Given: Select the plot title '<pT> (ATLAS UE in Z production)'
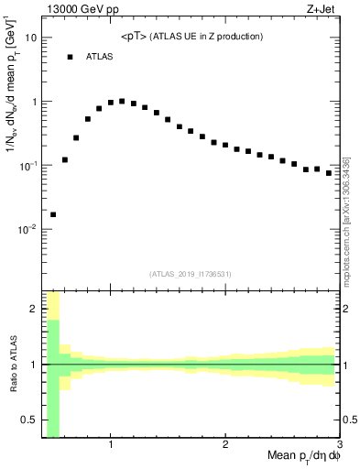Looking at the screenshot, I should coord(192,37).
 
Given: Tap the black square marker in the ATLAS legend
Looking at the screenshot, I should coord(69,57).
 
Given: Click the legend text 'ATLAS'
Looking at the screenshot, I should coord(101,57).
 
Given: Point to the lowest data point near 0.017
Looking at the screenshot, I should coord(53,214).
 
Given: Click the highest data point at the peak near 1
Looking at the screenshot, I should coord(122,101).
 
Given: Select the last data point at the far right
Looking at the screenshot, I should coord(329,172).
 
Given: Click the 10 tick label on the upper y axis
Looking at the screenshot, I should coord(31,38).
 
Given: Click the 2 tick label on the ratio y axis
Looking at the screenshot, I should coord(33,309).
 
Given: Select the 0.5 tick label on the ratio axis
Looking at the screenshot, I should coord(29,420).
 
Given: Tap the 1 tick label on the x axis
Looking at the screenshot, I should coord(111,445).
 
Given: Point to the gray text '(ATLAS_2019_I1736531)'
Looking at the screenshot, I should coord(191,274).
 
